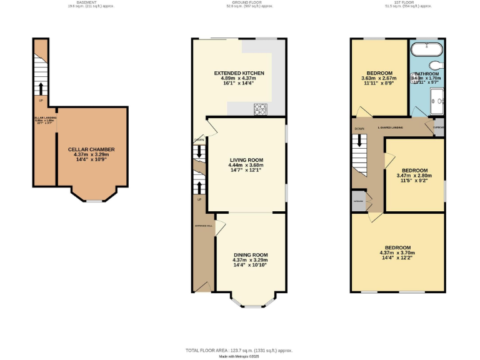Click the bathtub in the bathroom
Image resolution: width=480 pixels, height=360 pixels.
[427, 46]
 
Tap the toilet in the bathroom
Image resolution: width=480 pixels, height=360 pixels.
[436, 64]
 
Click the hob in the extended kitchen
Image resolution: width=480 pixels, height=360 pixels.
[260, 109]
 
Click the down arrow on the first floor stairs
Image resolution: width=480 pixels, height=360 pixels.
[359, 141]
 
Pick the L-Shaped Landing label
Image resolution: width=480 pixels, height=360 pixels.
[390, 127]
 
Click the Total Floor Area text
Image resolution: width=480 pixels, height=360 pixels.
[239, 351]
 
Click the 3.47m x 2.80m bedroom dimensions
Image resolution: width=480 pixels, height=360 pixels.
[414, 176]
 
